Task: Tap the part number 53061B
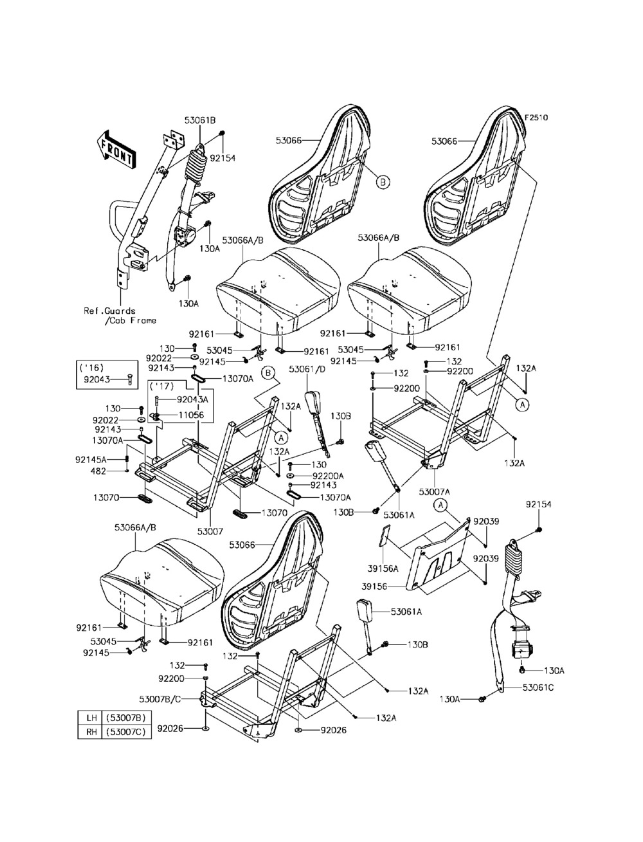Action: (x=200, y=120)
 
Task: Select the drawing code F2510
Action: (x=536, y=118)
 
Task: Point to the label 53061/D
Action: (x=307, y=370)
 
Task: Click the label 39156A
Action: (x=383, y=569)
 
